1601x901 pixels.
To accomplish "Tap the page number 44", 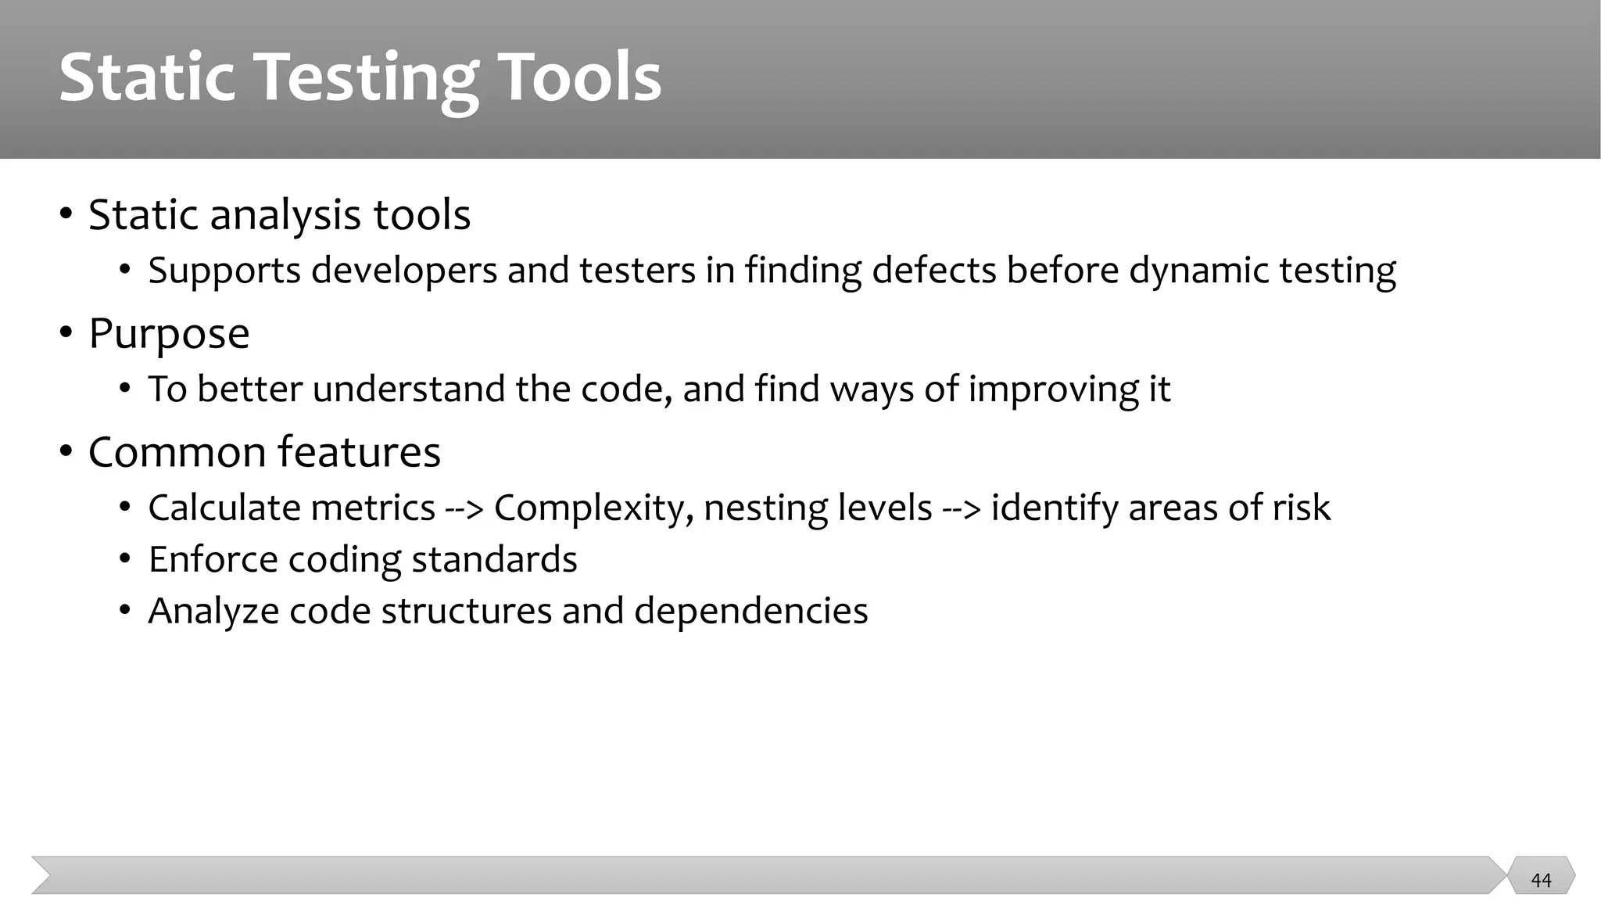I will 1541,880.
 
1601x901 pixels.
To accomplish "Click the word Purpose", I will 169,334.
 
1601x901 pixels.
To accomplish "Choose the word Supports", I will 224,271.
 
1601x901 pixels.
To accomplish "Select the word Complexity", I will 593,508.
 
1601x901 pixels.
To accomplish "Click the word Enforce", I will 213,559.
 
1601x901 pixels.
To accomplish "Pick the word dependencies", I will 750,611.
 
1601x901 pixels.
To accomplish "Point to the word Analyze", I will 213,612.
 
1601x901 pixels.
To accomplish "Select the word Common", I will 177,452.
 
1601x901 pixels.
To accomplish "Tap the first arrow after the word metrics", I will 464,508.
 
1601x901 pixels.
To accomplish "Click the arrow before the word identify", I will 962,508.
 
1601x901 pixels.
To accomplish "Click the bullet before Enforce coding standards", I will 125,560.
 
